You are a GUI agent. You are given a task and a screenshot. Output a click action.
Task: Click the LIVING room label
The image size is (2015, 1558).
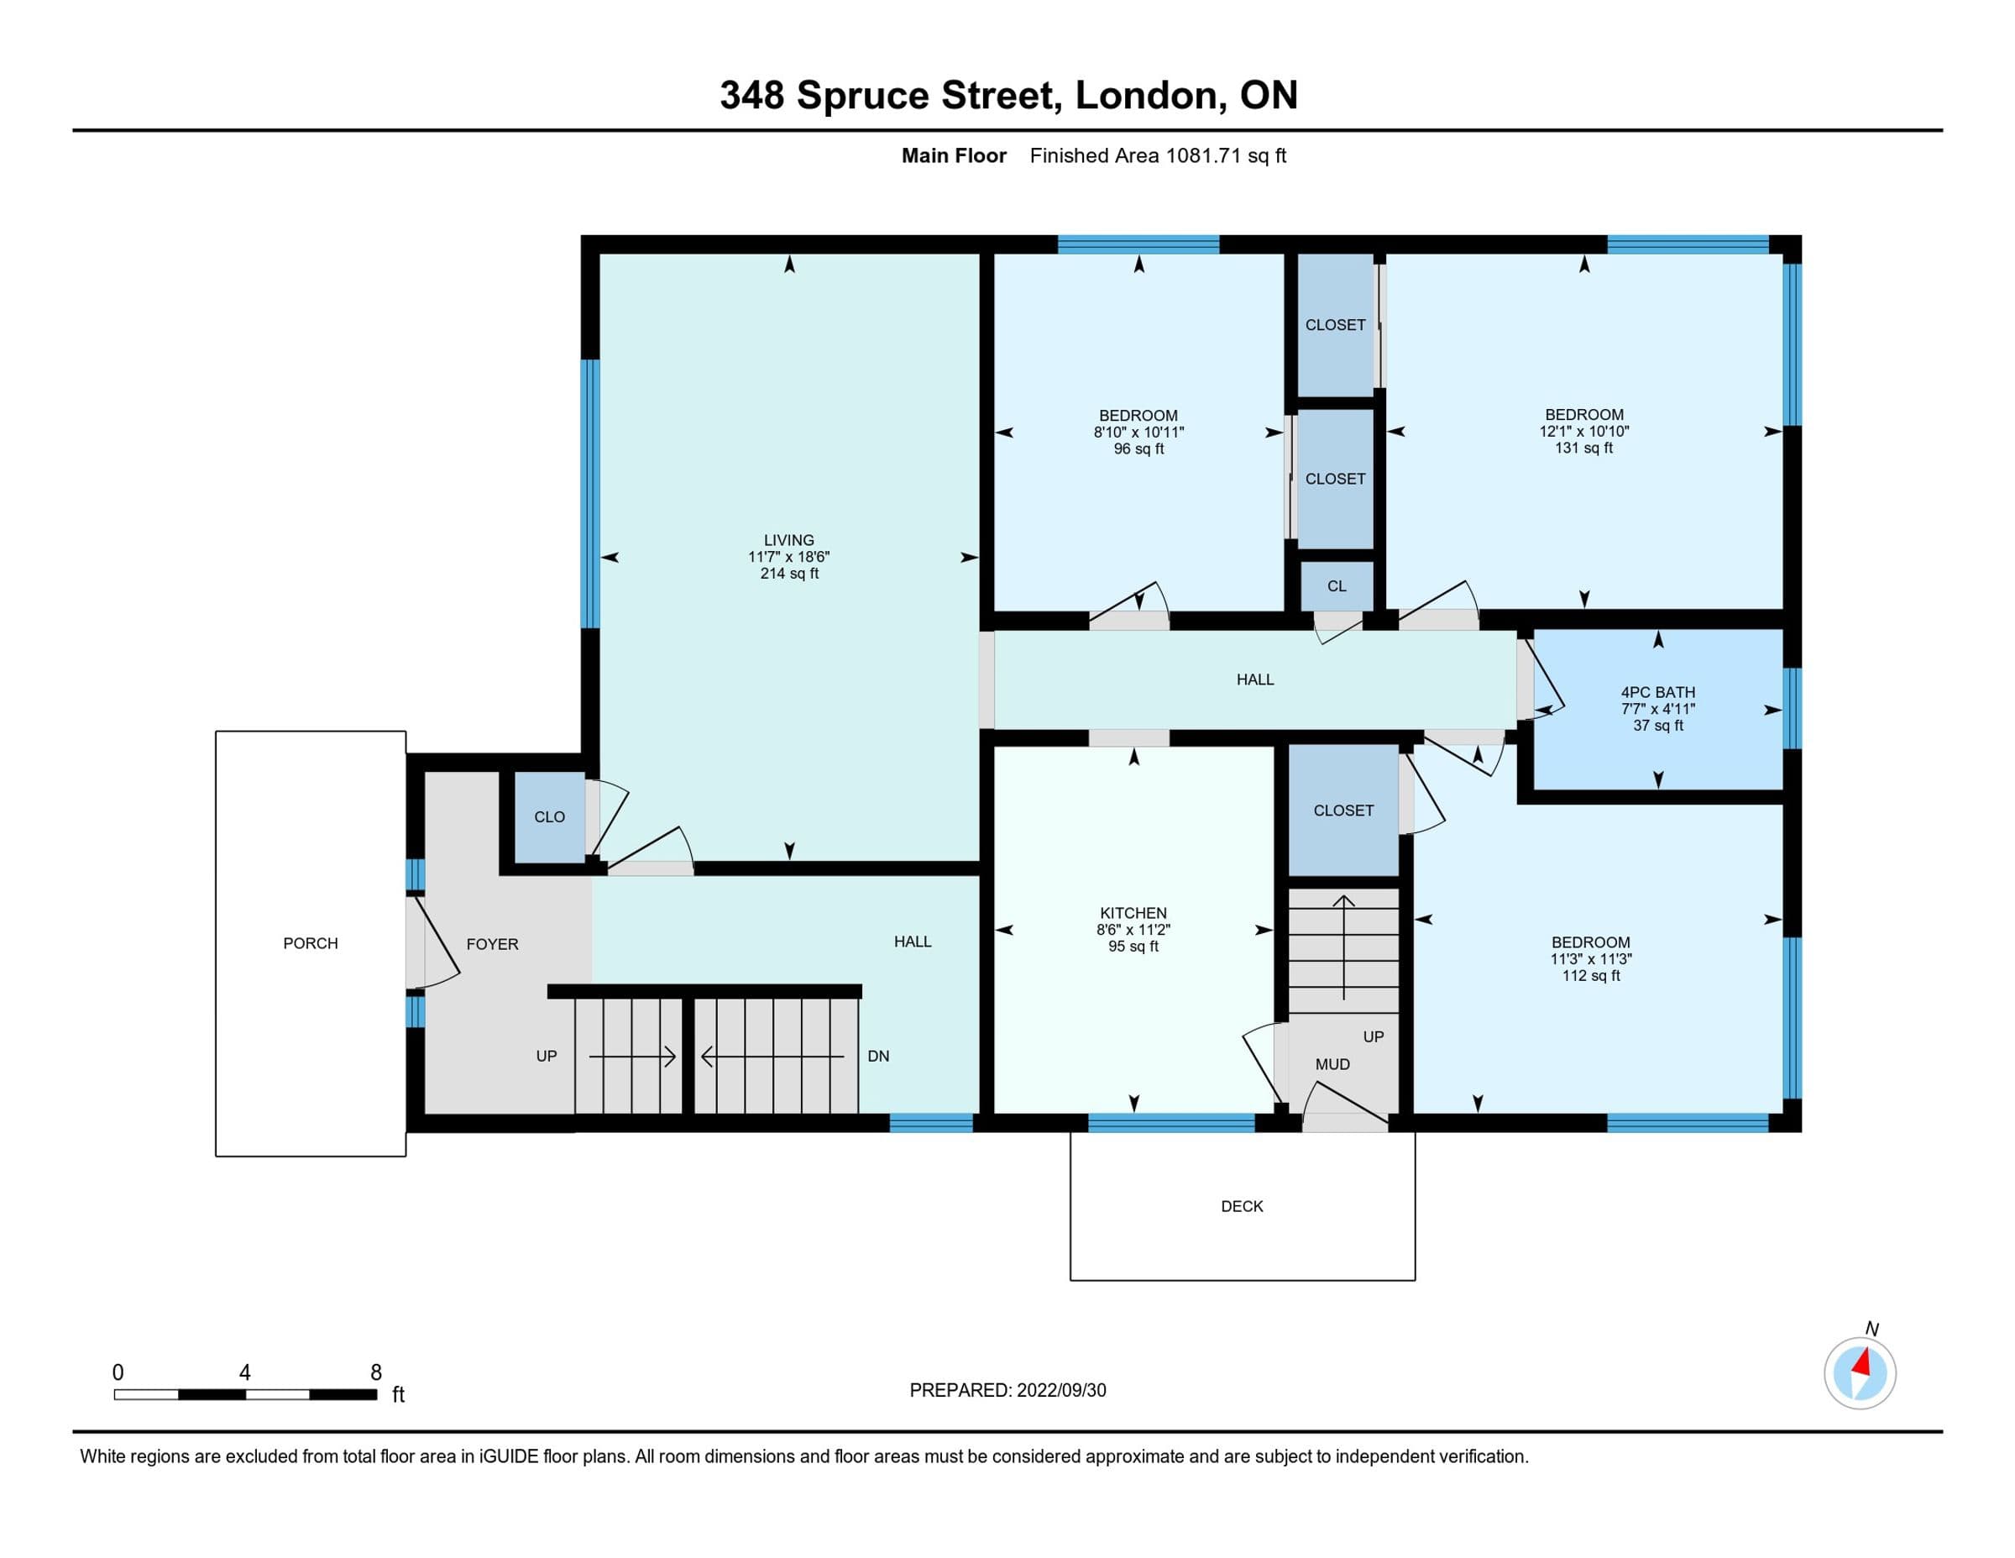point(789,540)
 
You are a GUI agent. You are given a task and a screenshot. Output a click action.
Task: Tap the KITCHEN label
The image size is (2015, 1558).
point(1133,913)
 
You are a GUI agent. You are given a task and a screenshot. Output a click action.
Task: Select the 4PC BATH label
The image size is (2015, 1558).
point(1658,692)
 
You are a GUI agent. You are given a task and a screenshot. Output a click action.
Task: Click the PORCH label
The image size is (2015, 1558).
point(310,943)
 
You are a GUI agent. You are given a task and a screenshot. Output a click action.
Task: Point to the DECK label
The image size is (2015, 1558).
point(1242,1206)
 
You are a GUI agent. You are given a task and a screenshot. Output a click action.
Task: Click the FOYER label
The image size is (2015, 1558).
point(492,944)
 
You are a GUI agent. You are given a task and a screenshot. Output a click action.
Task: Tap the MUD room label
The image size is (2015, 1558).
point(1332,1064)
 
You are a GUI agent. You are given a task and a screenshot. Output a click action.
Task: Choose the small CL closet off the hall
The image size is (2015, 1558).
point(1337,586)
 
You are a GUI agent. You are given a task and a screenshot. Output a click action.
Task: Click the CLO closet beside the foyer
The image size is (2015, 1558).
point(549,817)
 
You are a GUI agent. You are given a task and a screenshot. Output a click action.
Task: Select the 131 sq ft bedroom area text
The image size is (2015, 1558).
point(1584,448)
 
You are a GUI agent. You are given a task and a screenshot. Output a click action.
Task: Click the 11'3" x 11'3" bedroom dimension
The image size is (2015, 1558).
point(1591,959)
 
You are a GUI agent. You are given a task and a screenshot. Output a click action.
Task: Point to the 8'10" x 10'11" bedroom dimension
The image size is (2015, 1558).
point(1138,432)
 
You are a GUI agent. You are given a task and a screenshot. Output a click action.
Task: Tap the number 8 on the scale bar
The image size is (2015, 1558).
point(375,1372)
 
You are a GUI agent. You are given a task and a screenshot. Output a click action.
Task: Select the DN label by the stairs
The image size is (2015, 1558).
point(878,1056)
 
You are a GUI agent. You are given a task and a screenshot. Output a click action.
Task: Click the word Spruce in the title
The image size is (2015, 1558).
point(862,96)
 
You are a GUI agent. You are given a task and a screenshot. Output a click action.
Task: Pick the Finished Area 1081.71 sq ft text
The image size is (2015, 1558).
point(1158,156)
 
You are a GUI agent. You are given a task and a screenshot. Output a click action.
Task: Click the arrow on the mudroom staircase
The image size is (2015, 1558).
point(1343,948)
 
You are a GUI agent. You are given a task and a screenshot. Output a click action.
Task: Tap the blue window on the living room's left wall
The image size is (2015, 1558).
point(590,494)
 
